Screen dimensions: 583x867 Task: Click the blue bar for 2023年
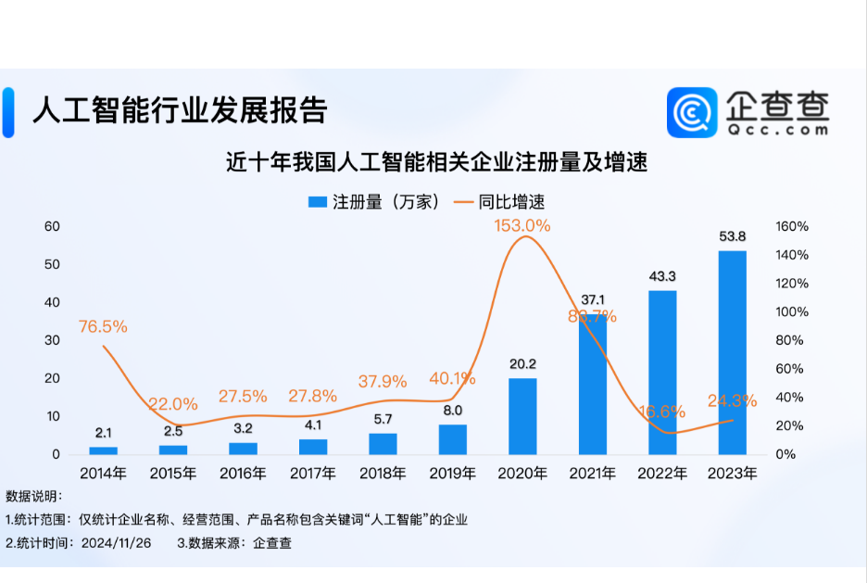[732, 352]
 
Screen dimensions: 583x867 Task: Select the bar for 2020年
[522, 416]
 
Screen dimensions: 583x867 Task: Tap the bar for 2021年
[593, 385]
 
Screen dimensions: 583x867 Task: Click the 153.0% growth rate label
[522, 225]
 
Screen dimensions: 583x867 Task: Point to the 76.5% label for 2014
[103, 326]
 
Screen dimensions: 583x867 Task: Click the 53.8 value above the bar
[732, 237]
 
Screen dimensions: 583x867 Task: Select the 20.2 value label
[522, 364]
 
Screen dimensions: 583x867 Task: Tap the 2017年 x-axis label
[312, 474]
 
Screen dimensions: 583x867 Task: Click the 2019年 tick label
[452, 474]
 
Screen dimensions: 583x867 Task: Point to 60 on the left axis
[52, 226]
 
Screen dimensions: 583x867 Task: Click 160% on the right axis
[792, 226]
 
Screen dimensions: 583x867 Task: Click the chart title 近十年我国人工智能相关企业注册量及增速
[436, 162]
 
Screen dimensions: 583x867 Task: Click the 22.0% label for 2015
[173, 403]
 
